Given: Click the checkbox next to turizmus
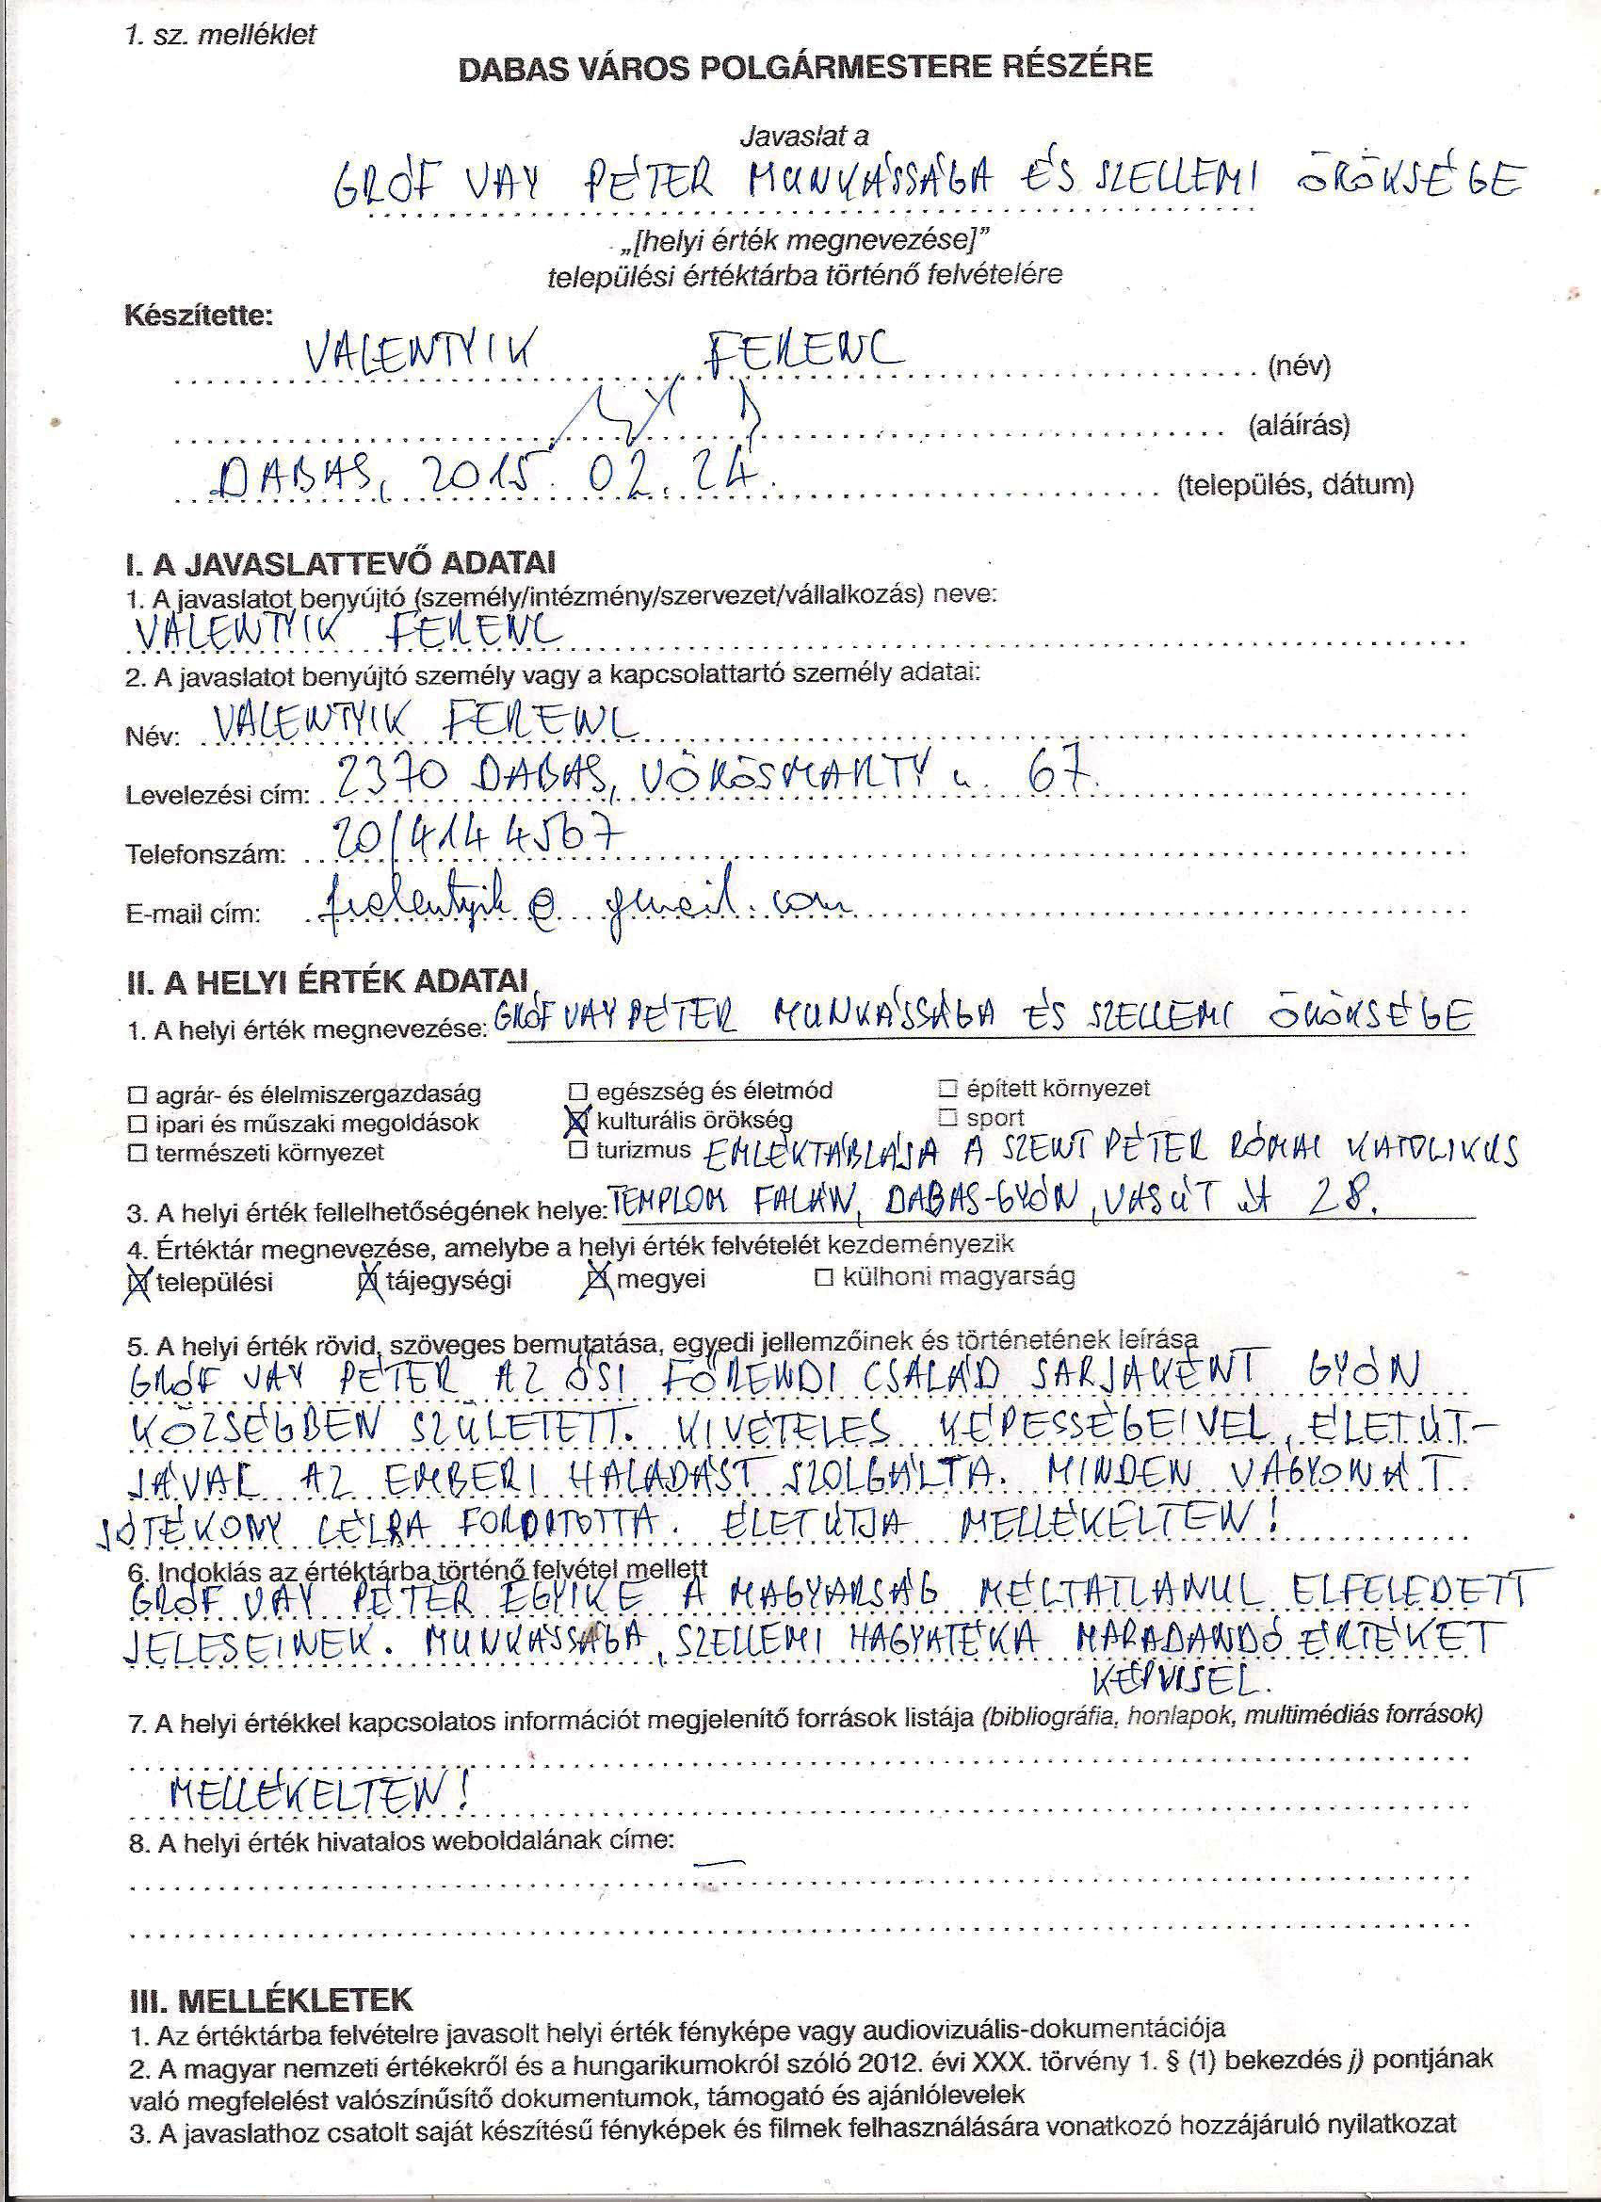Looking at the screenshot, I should tap(578, 1151).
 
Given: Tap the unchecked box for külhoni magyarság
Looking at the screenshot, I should tap(824, 1278).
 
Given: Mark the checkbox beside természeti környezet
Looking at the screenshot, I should tap(137, 1154).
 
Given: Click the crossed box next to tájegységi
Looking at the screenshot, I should tap(368, 1282).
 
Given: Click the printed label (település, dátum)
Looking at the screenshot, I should tap(1294, 484).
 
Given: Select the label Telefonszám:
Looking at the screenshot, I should tap(206, 855).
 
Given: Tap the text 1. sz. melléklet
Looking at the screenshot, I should tap(220, 36).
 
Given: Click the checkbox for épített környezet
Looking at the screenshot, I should tap(948, 1088).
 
